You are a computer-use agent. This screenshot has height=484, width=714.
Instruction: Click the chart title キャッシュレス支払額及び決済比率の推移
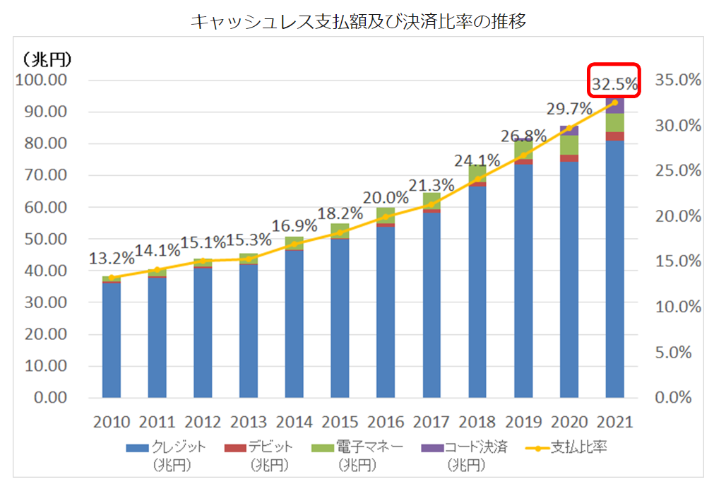click(x=358, y=22)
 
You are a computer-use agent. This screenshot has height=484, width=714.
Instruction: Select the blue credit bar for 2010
click(x=111, y=339)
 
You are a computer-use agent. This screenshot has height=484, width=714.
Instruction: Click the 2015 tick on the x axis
click(x=340, y=423)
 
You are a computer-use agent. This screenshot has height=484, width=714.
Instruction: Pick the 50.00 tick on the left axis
click(x=42, y=239)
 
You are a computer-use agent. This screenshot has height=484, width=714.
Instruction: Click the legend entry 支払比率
click(x=578, y=447)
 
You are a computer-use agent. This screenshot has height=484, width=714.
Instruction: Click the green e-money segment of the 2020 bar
click(x=569, y=145)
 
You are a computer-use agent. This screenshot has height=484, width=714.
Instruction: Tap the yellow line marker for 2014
click(x=294, y=244)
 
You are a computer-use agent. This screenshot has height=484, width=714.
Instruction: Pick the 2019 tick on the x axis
click(x=523, y=423)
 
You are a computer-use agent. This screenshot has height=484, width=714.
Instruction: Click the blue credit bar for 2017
click(x=432, y=304)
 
